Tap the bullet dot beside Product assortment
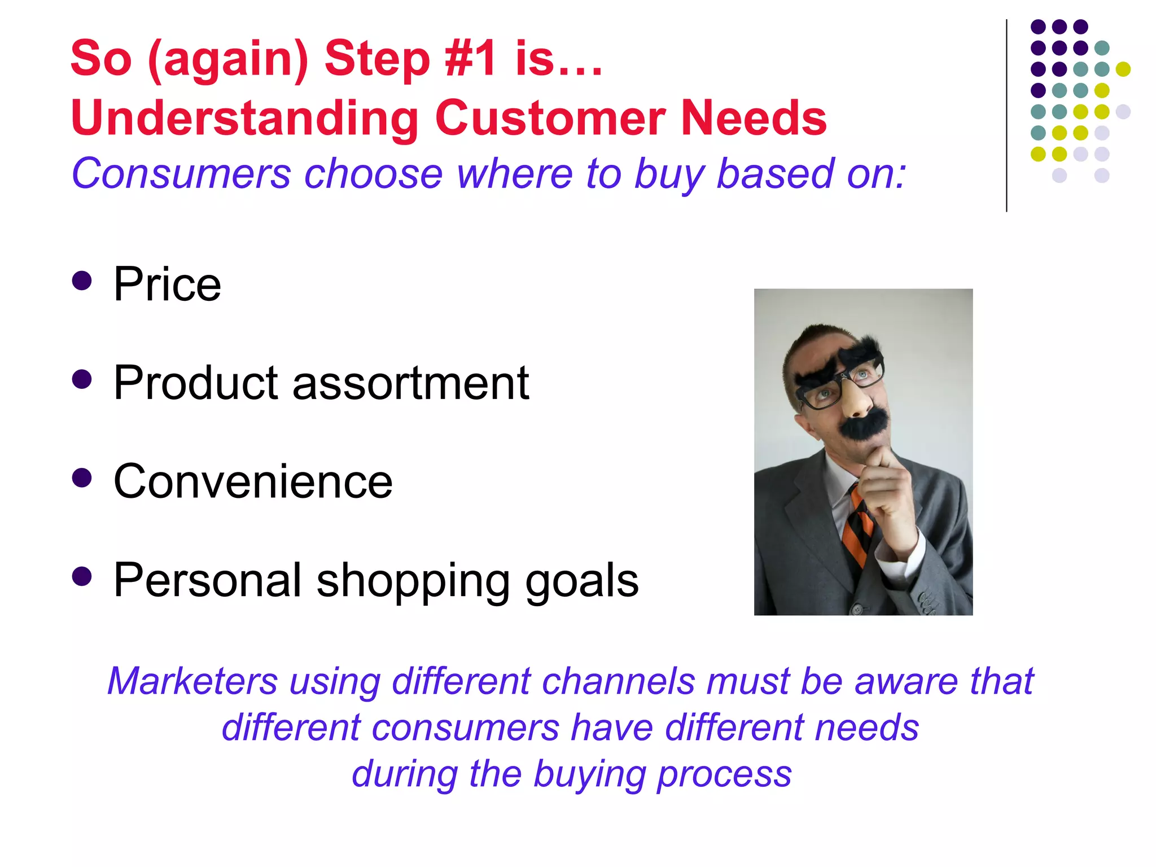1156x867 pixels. point(82,379)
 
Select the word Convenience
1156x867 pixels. point(253,481)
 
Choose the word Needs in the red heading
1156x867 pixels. point(754,118)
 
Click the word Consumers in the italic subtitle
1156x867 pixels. point(181,174)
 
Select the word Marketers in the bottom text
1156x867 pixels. point(192,681)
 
